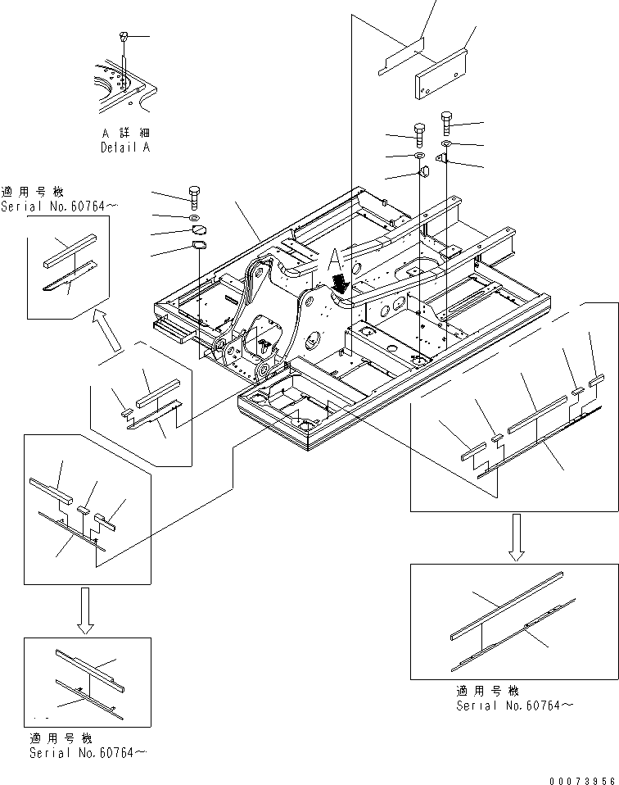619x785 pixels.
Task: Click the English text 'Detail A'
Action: (x=125, y=148)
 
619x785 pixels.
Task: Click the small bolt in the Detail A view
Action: (x=123, y=37)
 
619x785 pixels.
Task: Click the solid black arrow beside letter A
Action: (x=340, y=284)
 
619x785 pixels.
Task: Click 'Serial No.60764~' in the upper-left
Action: (x=53, y=206)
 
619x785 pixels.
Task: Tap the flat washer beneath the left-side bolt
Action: (x=197, y=219)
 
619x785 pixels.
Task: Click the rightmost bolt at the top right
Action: (x=446, y=122)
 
